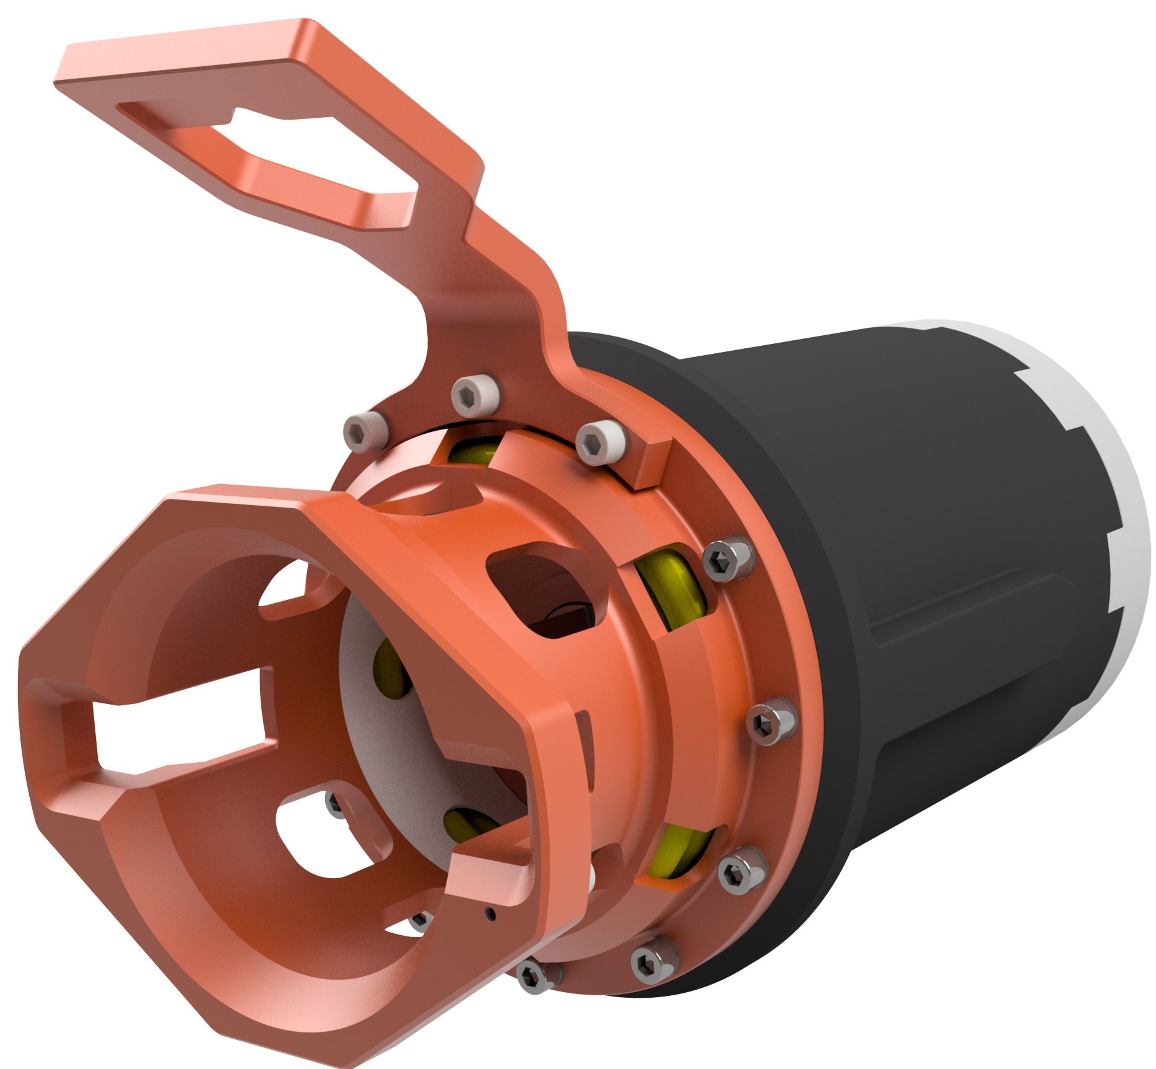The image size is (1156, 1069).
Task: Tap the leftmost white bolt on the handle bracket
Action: (x=365, y=431)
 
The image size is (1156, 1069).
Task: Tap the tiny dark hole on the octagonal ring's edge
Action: (x=491, y=913)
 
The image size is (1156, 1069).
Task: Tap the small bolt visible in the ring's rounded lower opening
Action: (x=335, y=804)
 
